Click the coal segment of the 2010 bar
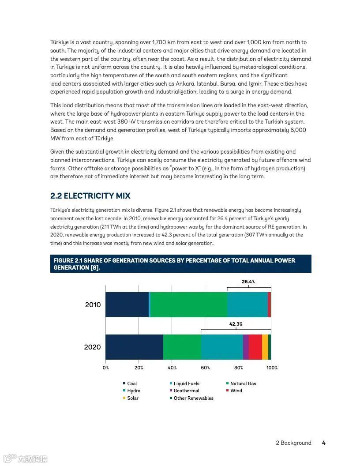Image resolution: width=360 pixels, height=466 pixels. click(127, 304)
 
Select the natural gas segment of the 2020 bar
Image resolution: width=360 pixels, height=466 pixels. click(182, 347)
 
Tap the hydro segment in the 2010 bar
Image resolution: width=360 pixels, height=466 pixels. click(247, 304)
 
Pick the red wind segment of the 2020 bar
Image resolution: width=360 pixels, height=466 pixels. click(255, 347)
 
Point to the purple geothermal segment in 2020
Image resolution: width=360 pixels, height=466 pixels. click(246, 347)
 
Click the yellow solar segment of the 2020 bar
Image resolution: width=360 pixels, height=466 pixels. click(265, 347)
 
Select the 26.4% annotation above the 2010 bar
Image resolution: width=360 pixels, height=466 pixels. click(248, 282)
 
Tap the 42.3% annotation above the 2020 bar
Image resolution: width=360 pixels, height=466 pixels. click(236, 324)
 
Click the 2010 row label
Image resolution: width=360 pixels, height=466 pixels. click(93, 305)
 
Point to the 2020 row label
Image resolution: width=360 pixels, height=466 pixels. click(92, 347)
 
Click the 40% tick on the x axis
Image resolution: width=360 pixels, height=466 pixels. click(172, 368)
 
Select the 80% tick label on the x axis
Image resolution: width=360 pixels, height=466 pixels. click(239, 368)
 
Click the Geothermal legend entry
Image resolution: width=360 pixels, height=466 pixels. click(186, 391)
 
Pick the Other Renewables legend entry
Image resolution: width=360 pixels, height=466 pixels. click(193, 398)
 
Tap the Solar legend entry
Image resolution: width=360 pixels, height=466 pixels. click(132, 398)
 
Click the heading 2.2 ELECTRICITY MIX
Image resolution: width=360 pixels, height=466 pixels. click(90, 196)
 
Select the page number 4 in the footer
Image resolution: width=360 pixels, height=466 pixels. click(323, 443)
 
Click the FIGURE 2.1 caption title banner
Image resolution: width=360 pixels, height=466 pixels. click(180, 264)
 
